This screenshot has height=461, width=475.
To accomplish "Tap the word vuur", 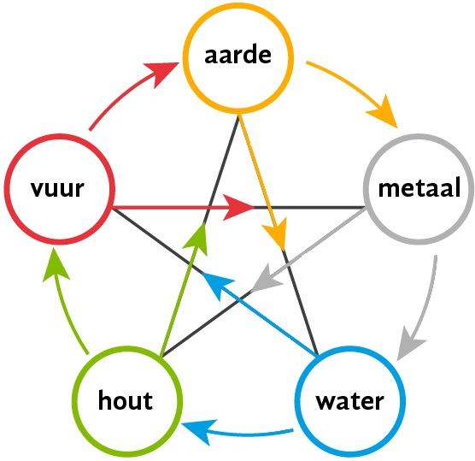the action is point(57,188).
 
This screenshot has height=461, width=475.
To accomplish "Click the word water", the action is point(350,401).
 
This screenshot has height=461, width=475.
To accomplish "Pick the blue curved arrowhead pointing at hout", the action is point(198,432).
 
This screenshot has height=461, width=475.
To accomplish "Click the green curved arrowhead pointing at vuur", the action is point(56,264).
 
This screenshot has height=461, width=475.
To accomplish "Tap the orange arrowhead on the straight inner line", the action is point(276,233).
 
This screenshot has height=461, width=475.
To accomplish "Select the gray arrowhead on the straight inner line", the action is point(266,278).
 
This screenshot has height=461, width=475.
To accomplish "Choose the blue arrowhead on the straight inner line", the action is point(218,284).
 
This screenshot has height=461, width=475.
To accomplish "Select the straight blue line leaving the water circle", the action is point(260,314).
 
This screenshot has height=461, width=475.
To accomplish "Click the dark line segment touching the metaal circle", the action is point(309,208).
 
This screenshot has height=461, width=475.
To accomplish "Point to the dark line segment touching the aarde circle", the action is point(221,169).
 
